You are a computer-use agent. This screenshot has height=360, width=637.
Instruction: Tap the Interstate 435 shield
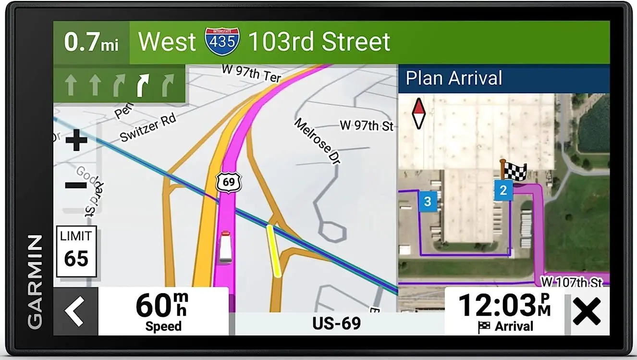pos(222,42)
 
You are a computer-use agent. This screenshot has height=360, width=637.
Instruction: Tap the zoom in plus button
pos(76,140)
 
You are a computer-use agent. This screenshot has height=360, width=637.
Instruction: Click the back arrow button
pos(75,311)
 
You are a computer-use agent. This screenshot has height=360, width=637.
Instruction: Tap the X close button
pos(587,311)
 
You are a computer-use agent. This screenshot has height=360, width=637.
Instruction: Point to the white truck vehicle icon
pos(225,247)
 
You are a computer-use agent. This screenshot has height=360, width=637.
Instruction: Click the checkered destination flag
pos(514,171)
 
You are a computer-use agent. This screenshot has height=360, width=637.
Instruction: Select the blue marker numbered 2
pos(503,190)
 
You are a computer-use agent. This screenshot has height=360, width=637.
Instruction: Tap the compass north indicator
pos(419,114)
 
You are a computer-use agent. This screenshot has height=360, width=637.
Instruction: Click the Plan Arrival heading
pos(454,78)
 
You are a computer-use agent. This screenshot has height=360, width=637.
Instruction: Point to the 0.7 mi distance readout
pos(91,42)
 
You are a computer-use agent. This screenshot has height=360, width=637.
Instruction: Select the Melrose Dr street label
pos(318,141)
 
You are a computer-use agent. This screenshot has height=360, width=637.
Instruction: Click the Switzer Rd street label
pos(148,128)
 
